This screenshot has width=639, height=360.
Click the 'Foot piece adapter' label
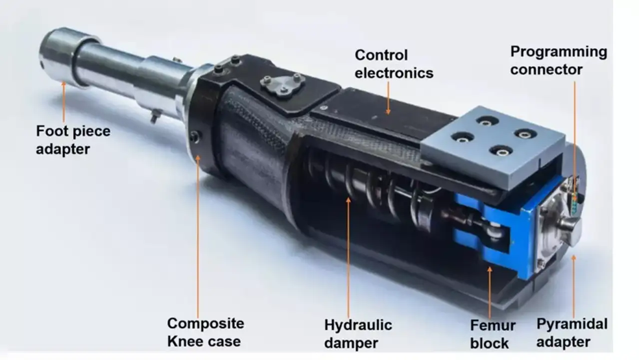pos(73,140)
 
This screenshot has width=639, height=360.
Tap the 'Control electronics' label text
pos(394,64)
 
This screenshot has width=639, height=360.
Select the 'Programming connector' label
pos(559,60)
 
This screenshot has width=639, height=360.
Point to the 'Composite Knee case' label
pos(206,332)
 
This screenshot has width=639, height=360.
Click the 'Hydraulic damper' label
pos(358,334)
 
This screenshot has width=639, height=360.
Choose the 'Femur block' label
pos(492,334)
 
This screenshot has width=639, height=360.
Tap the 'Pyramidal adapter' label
pos(572,333)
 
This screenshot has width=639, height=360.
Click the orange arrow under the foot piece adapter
pos(64,102)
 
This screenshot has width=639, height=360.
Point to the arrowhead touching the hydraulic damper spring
pos(348,200)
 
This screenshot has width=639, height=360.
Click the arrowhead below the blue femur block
pos(489,269)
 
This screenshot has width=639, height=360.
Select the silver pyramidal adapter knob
pos(570,230)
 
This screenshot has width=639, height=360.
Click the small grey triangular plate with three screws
pos(282,84)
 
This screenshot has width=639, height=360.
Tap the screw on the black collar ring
pos(195,137)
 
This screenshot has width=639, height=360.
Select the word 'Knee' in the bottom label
pos(182,341)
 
